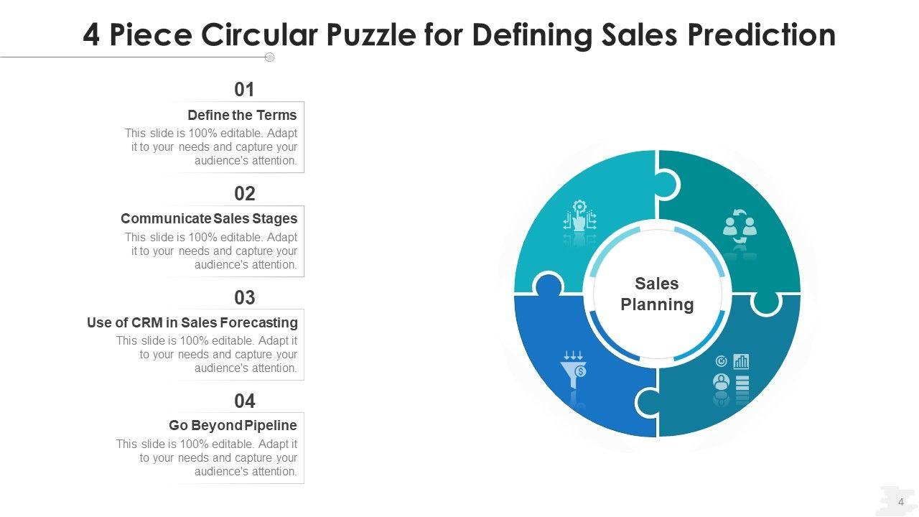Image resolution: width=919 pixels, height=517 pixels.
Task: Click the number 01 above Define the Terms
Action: [x=245, y=90]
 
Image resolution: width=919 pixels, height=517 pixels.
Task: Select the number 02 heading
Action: [x=245, y=194]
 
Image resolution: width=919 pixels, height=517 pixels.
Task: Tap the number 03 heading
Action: [x=245, y=297]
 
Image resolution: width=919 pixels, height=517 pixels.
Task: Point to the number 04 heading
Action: [x=245, y=401]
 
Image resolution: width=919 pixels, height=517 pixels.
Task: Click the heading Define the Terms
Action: [x=242, y=115]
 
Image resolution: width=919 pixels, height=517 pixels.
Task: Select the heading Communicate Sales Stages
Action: [x=209, y=218]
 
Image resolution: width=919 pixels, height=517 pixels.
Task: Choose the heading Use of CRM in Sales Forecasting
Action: [x=192, y=322]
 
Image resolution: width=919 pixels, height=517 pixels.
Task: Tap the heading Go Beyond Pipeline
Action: [x=233, y=425]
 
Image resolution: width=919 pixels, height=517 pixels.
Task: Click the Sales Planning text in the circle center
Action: [x=657, y=294]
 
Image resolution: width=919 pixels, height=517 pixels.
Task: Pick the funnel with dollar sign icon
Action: [x=574, y=367]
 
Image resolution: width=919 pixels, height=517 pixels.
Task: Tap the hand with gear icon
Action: [x=579, y=217]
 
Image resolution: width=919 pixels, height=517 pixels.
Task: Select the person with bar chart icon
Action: [x=732, y=374]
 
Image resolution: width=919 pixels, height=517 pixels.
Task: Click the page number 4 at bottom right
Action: [x=901, y=502]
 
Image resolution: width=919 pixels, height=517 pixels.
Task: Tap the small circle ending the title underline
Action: [x=270, y=57]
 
